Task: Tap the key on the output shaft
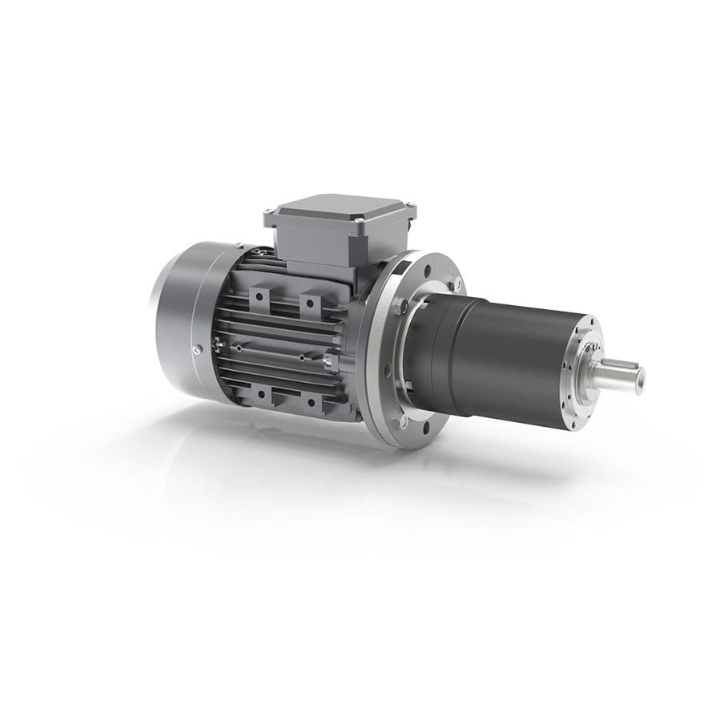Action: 625,366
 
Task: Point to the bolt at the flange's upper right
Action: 454,282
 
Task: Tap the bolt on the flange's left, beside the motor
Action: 399,305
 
